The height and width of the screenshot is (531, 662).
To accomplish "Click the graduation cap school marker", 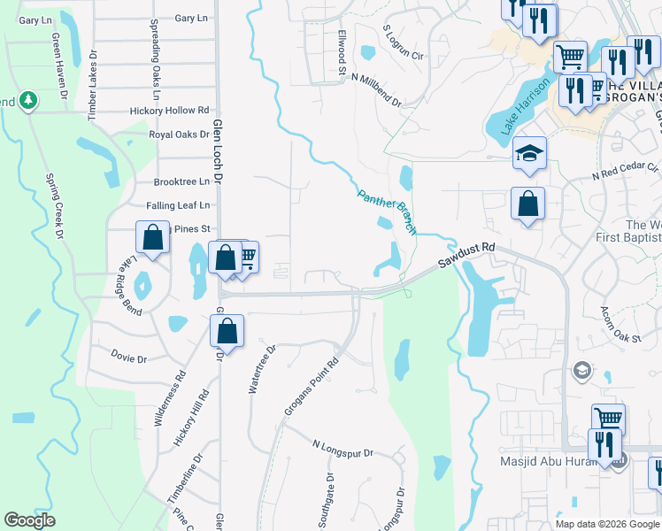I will (x=529, y=154).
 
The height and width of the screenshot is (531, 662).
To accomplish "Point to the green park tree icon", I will (x=28, y=100).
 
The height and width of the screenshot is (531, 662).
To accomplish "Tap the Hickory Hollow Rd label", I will (x=169, y=111).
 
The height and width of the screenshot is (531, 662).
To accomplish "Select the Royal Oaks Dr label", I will (x=179, y=135).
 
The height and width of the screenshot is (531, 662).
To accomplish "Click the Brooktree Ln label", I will (x=181, y=181).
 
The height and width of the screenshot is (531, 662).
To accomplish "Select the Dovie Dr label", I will (x=129, y=359).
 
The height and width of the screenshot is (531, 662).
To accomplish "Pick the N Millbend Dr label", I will (x=376, y=90).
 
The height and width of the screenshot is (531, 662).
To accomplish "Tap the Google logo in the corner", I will (x=29, y=520).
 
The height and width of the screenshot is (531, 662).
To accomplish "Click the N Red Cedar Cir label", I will (x=626, y=171).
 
